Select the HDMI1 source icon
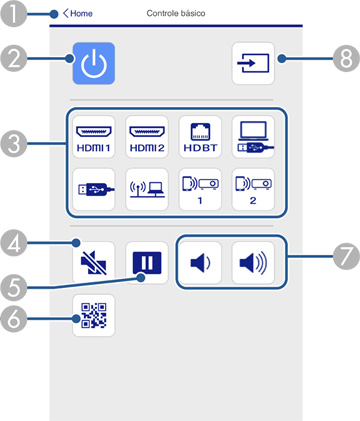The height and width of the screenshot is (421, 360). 92,136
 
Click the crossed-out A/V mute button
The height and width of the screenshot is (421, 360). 92,263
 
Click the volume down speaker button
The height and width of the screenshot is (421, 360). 200,263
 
